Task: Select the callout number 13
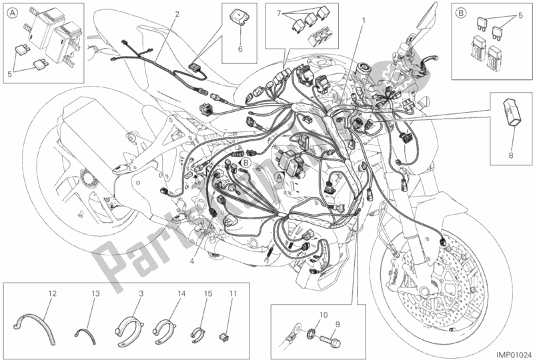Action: click(x=94, y=293)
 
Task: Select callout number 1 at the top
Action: click(x=364, y=19)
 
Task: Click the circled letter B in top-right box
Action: click(x=461, y=11)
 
